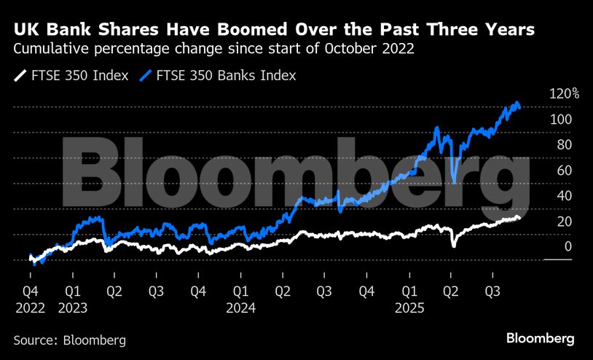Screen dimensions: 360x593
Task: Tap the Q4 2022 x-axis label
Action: (x=30, y=299)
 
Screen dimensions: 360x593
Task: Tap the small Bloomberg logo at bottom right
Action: (x=541, y=339)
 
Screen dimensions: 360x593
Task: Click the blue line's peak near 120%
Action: (x=517, y=103)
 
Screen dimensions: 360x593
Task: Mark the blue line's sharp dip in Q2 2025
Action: (x=454, y=181)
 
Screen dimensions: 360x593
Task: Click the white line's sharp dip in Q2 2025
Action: (x=454, y=246)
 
